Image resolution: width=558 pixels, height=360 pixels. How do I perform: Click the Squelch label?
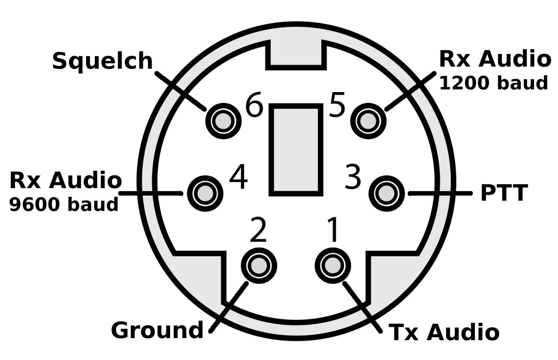[x=103, y=61]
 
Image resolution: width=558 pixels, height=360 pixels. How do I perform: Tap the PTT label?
[x=504, y=193]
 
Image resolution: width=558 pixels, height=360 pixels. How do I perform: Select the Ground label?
[x=157, y=330]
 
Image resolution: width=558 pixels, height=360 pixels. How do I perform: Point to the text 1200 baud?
[x=493, y=83]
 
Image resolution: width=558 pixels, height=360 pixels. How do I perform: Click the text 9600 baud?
[x=63, y=204]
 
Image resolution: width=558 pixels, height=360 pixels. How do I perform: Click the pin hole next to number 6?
[x=223, y=121]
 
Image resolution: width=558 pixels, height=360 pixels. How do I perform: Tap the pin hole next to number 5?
[x=368, y=121]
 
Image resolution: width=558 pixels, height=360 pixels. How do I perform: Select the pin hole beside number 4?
[x=205, y=193]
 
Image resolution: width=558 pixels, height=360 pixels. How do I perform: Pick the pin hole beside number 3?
[x=387, y=193]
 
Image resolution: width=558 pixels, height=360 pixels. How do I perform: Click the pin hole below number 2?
[x=259, y=265]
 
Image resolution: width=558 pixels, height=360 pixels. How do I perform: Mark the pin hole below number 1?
[x=333, y=265]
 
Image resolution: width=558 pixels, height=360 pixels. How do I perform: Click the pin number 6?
[x=254, y=105]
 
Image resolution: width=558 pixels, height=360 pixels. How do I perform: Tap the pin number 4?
[x=239, y=178]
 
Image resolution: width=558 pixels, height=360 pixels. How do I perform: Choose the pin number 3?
[x=353, y=178]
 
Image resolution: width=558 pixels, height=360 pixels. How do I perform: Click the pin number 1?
[x=333, y=230]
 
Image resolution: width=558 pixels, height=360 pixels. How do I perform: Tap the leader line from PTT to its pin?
[x=440, y=193]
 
